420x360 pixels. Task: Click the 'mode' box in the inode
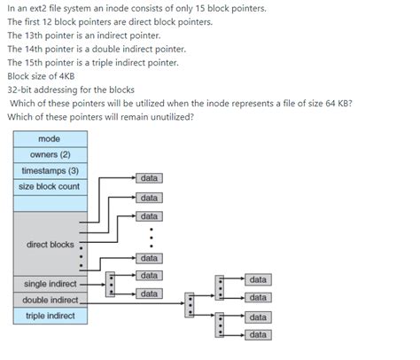click(x=50, y=139)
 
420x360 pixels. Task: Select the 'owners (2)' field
click(x=50, y=154)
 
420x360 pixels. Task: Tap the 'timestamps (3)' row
click(x=50, y=170)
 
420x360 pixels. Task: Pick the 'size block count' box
click(x=50, y=186)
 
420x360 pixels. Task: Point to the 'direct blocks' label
click(x=50, y=245)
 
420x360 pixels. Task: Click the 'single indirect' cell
click(x=50, y=284)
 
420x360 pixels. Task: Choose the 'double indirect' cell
click(x=50, y=300)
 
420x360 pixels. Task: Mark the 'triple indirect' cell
click(x=50, y=316)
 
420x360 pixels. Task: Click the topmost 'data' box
click(x=150, y=179)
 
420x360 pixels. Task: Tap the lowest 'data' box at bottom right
click(x=258, y=335)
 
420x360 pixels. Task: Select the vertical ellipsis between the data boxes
click(x=152, y=237)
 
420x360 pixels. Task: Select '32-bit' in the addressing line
click(x=19, y=90)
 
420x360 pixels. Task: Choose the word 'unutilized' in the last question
click(x=169, y=117)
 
